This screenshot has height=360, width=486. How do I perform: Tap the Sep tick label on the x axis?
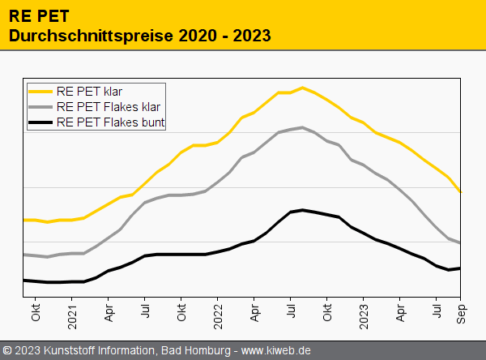(461, 313)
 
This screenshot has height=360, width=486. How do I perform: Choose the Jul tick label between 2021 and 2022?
(146, 311)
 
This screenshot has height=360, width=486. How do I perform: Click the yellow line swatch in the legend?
(40, 91)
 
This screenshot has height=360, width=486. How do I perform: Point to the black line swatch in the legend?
(40, 123)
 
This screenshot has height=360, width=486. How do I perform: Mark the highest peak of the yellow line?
(302, 88)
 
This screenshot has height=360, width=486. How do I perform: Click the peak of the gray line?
(302, 127)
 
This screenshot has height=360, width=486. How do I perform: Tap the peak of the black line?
(302, 210)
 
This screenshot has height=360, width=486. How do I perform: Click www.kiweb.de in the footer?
(277, 351)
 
